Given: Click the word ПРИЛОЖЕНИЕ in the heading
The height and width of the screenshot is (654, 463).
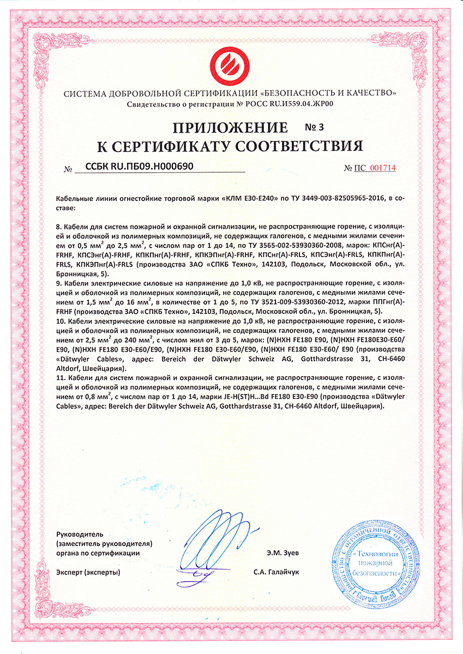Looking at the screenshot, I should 230,129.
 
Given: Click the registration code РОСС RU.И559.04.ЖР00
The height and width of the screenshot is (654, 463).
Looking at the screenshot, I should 287,104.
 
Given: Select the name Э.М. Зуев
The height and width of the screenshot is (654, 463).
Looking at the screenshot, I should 284,553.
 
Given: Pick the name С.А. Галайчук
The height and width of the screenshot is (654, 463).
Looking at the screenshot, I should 276,572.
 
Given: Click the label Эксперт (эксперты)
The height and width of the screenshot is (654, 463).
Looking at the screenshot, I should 88,572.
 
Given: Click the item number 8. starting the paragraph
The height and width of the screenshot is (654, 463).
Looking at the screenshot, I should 59,225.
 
